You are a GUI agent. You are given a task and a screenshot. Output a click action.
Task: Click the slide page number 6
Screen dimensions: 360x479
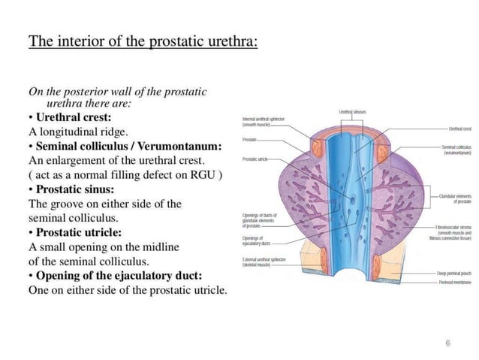(x=447, y=343)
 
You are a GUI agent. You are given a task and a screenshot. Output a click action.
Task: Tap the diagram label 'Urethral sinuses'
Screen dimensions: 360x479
(x=352, y=111)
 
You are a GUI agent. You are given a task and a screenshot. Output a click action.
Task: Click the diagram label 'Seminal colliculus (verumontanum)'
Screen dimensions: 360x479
(x=453, y=150)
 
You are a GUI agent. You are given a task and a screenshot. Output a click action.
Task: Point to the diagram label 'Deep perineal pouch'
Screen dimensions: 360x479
(x=454, y=273)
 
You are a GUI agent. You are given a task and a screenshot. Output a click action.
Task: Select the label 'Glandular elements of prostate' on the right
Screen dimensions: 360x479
(x=454, y=198)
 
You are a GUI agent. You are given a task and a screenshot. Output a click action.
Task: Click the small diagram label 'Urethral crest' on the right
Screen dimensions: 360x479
(x=459, y=129)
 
